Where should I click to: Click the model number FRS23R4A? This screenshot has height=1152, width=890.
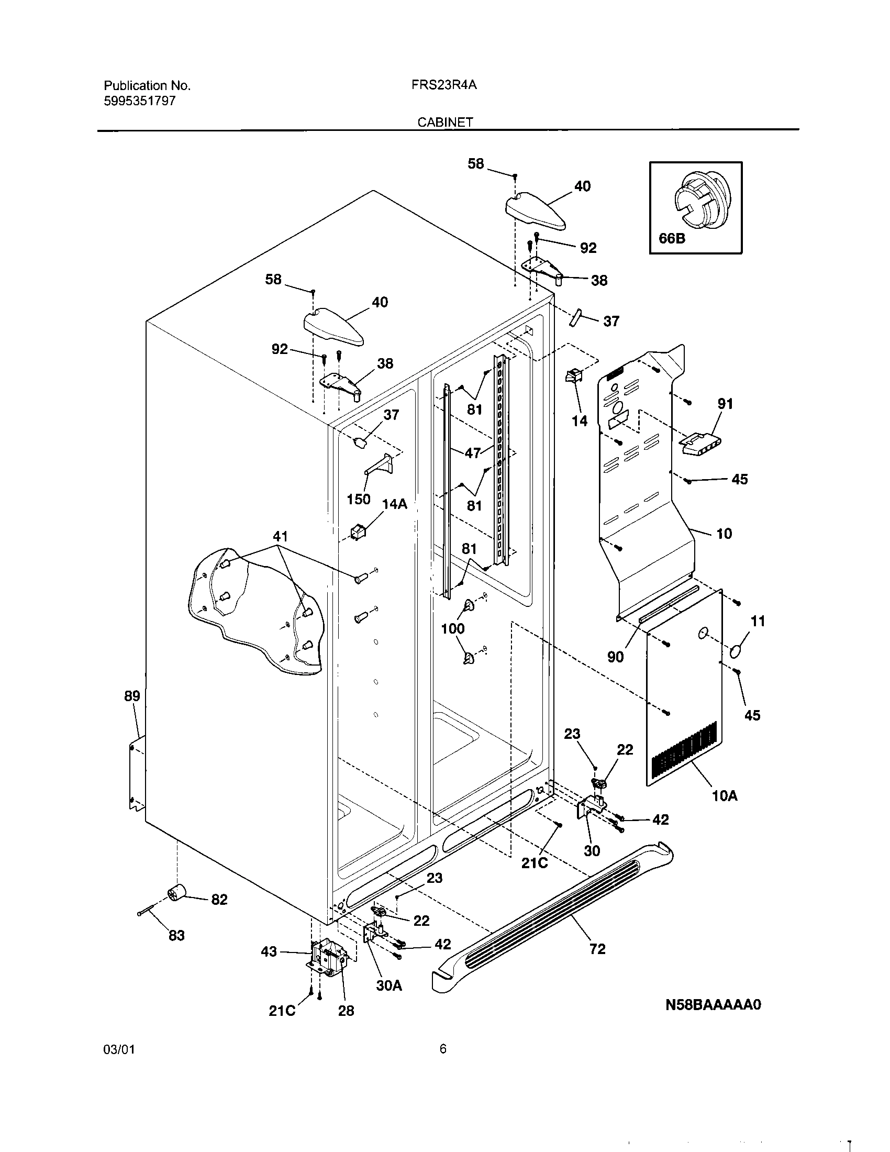point(444,85)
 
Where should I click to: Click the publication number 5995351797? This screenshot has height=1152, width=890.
point(140,101)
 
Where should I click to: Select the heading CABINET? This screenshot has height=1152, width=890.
point(445,123)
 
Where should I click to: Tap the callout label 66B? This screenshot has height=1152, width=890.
point(672,238)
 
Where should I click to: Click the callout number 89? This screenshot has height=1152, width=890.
point(132,696)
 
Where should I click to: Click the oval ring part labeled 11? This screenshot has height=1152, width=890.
point(739,651)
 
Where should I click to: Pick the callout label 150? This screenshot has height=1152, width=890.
point(359,499)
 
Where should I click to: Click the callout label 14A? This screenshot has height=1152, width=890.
point(394,504)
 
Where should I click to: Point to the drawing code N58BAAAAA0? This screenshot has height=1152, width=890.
point(714,1004)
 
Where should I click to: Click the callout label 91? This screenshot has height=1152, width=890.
point(726,404)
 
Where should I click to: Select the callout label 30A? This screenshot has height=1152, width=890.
point(389,985)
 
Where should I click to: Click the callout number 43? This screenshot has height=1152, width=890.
point(269,952)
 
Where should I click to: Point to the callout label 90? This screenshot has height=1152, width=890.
point(615,657)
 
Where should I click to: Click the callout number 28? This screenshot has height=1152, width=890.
point(346,1011)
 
